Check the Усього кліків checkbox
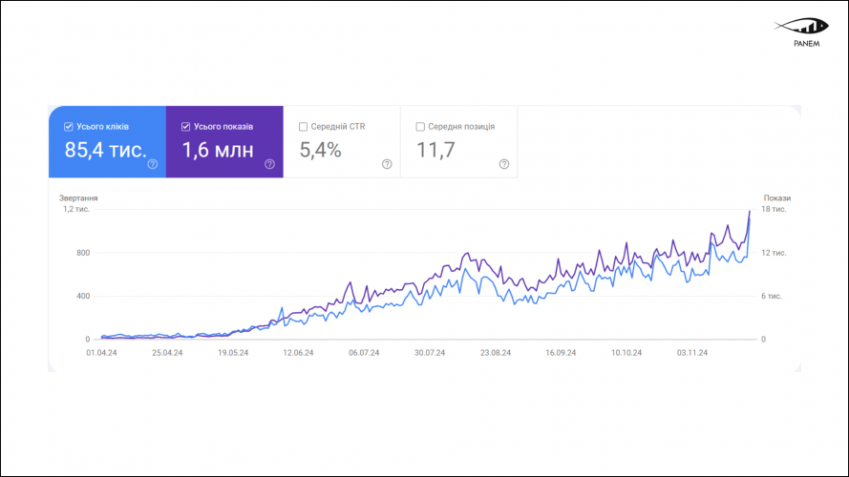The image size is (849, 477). tap(69, 126)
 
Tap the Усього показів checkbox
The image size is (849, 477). tap(185, 126)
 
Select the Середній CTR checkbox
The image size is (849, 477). tap(303, 126)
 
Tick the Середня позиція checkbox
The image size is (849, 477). tap(420, 126)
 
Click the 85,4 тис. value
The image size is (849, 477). tap(105, 150)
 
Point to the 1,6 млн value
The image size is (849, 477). tap(219, 150)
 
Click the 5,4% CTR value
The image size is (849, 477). tap(320, 150)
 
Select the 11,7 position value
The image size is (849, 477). tap(435, 150)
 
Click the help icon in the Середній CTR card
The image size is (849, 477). tap(387, 164)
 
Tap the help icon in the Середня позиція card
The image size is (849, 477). tap(504, 164)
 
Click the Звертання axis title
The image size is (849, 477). tap(78, 198)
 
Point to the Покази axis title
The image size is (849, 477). tap(776, 198)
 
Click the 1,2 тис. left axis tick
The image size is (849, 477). tap(76, 209)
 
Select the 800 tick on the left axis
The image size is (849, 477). tap(83, 253)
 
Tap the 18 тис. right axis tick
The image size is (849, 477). tap(774, 209)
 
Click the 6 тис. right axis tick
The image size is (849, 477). tap(772, 296)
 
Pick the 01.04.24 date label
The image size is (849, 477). tap(101, 352)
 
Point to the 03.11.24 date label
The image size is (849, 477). tap(691, 352)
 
